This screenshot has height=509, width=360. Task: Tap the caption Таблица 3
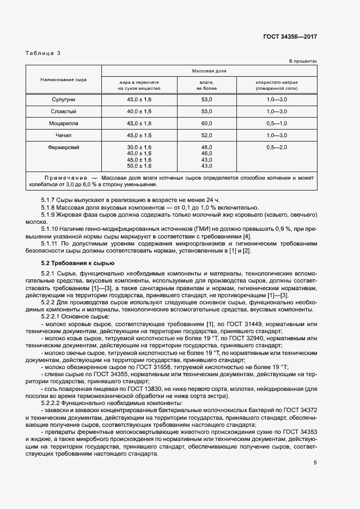coord(44,53)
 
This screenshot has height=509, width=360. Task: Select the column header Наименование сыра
coord(63,79)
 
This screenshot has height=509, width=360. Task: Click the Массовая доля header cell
coord(209,71)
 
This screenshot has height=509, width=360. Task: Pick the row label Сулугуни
coord(63,99)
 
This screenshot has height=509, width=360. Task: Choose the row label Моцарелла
coord(63,124)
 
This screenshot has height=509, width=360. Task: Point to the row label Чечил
coord(63,136)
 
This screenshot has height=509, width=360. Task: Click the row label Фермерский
coord(63,148)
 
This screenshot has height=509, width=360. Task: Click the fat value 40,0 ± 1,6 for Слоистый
coord(139,111)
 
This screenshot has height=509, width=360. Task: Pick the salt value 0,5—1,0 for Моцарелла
coord(277,124)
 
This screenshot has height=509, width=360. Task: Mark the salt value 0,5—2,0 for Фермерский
coord(277,148)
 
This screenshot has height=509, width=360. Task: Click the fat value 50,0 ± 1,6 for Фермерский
coord(139,165)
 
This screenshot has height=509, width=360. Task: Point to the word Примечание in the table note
coord(65,178)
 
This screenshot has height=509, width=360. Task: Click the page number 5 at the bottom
coord(315,463)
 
